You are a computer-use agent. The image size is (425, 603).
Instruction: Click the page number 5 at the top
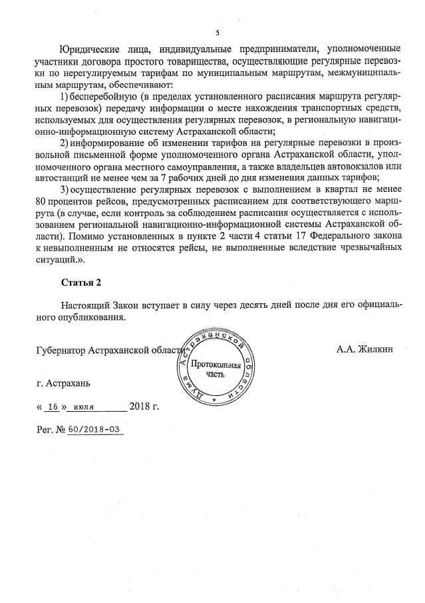(x=217, y=32)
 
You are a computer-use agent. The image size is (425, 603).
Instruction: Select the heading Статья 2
(x=81, y=283)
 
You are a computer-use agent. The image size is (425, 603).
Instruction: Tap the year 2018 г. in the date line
(x=144, y=406)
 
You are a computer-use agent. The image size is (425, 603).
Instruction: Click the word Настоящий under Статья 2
(x=84, y=306)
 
